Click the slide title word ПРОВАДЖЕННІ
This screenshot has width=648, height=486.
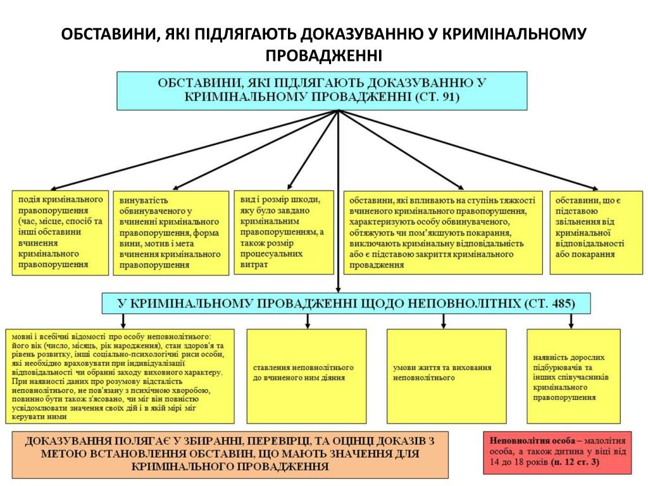[323, 56]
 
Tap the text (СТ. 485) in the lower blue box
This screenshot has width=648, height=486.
[550, 303]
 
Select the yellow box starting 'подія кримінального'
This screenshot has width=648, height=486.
[60, 232]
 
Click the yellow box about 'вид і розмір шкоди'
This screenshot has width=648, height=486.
[283, 232]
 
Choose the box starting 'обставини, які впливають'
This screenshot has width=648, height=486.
[442, 232]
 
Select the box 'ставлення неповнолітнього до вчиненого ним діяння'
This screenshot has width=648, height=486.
[306, 376]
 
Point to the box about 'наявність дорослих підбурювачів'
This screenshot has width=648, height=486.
[573, 376]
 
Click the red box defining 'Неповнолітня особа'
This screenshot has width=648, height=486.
[558, 452]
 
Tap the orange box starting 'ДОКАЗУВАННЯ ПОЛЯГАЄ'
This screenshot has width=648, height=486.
[230, 454]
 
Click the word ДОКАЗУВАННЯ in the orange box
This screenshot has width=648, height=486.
[69, 440]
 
